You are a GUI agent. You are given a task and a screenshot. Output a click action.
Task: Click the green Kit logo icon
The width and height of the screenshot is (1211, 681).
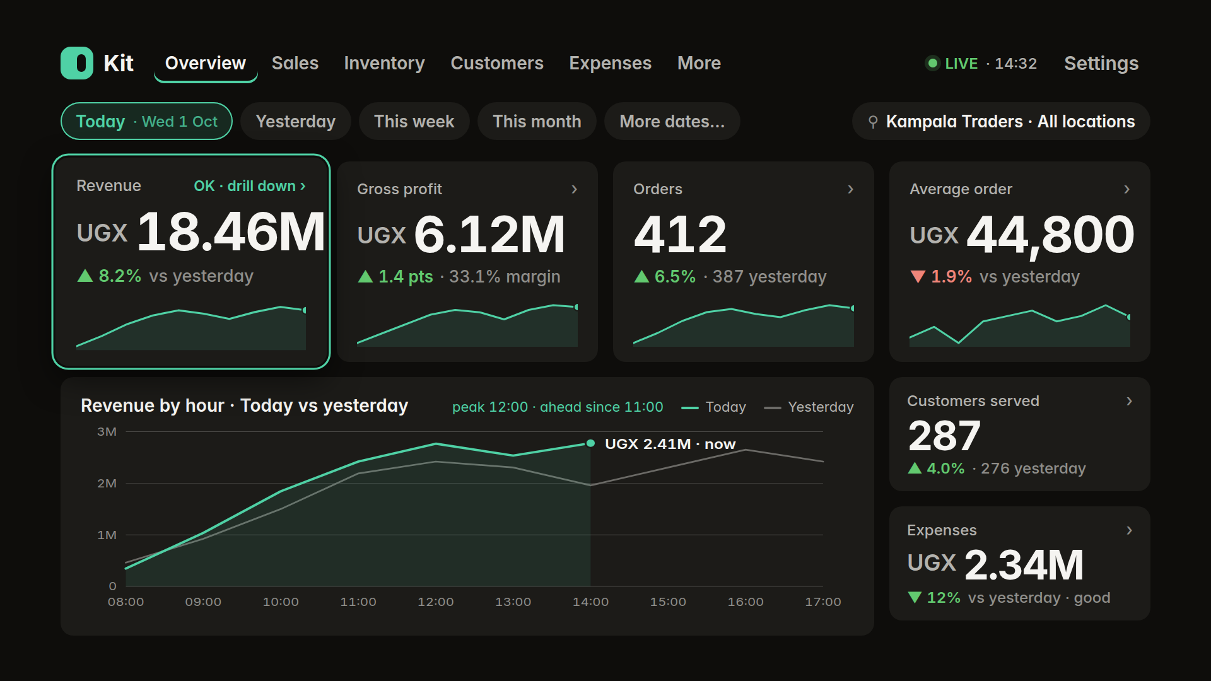(x=77, y=63)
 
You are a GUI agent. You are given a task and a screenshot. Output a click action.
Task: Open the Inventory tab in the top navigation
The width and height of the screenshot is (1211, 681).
(x=384, y=63)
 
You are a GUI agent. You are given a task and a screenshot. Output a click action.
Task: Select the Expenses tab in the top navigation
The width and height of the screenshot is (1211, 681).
(x=610, y=63)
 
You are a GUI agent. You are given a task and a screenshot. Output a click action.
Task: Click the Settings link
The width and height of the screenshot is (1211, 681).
(x=1101, y=63)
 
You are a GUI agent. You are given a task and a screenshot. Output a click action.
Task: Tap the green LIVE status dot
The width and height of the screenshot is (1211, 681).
(x=932, y=63)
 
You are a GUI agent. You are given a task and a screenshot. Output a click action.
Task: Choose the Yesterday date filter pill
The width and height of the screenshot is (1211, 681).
(x=295, y=121)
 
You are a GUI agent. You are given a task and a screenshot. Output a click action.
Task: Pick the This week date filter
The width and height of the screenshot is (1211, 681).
(x=414, y=121)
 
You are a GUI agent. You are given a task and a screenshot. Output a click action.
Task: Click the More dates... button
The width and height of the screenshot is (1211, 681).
(x=672, y=121)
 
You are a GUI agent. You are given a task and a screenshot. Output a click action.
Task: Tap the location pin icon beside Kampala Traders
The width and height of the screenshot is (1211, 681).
(x=873, y=122)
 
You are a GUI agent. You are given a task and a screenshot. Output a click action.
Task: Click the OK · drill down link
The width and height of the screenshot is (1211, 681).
(x=250, y=186)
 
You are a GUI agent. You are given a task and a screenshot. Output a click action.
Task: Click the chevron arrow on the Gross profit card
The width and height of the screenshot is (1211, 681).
(x=574, y=189)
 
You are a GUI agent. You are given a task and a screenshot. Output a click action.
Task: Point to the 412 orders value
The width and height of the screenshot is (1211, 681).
(x=680, y=234)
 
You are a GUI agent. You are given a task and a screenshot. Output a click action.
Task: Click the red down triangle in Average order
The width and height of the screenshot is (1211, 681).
(x=918, y=276)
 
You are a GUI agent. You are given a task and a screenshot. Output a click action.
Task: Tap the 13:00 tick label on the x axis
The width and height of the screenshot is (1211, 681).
(x=513, y=602)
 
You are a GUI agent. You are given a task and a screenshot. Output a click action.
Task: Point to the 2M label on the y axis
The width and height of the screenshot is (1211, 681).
(x=107, y=483)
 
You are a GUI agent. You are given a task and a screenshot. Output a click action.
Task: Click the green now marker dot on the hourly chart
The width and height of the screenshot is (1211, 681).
(x=590, y=443)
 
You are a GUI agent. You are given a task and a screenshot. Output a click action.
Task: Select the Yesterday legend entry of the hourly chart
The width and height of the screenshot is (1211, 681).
(x=809, y=407)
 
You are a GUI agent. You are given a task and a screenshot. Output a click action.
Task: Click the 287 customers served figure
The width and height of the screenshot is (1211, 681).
(x=944, y=436)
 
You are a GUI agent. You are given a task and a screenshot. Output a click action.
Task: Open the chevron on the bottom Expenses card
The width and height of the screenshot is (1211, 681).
(x=1129, y=530)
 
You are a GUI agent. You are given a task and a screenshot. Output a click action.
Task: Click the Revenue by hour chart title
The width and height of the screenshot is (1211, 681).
(x=244, y=405)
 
